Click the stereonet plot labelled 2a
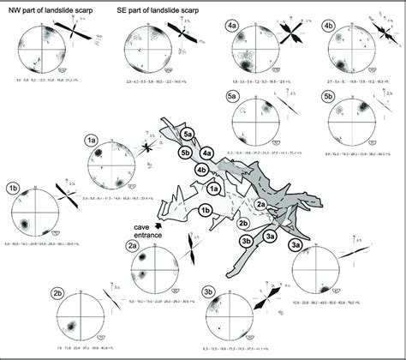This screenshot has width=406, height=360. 155,269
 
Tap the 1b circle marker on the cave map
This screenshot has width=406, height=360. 205,209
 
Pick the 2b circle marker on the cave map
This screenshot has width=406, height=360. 244,224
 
